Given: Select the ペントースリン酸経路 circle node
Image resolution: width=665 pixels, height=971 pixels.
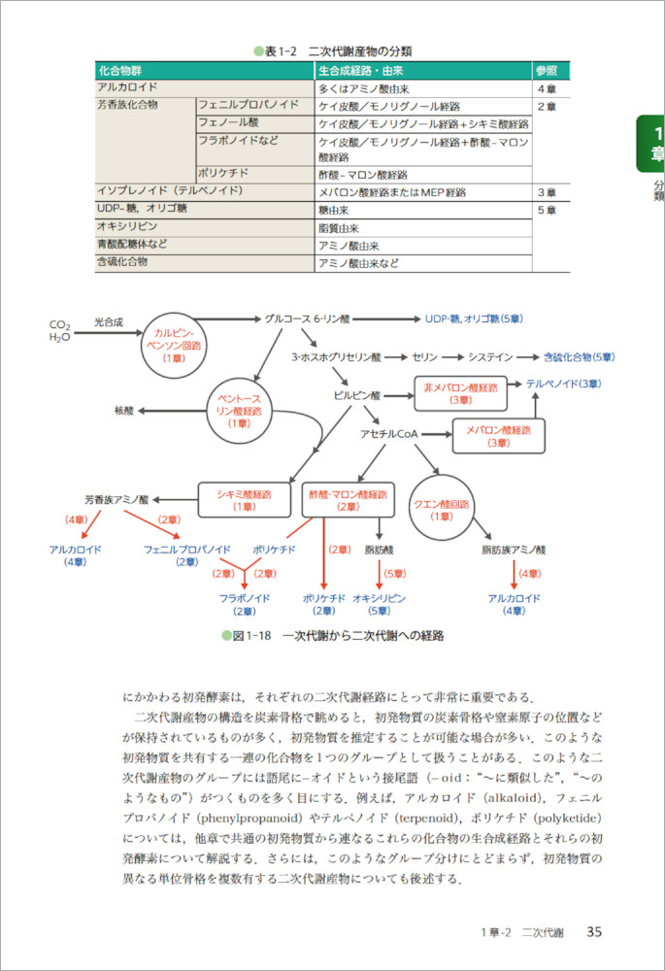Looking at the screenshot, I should (239, 412).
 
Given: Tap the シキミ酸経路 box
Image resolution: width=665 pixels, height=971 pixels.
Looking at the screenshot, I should (245, 500).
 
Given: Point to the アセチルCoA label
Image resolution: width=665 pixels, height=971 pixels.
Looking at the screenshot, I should (388, 434).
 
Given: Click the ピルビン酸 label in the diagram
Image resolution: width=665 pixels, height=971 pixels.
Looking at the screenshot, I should (357, 396).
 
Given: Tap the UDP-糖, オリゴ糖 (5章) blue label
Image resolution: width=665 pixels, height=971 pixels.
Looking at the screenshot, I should (475, 318).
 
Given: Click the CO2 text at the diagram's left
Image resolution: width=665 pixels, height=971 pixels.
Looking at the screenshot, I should (60, 324).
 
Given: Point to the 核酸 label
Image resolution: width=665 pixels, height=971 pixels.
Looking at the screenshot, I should (124, 411).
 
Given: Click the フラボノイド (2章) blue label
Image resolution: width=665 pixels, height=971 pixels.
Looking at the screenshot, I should (244, 604).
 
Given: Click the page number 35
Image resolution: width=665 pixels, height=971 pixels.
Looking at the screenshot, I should (594, 931).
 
